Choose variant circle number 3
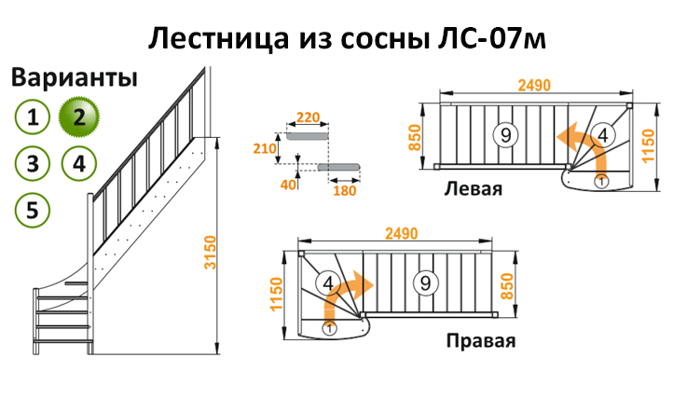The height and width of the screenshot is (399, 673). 33,163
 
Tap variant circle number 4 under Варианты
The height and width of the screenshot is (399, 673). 79,163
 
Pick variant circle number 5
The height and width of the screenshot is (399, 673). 33,210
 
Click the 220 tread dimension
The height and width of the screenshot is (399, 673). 308,117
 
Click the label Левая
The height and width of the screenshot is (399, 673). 473,189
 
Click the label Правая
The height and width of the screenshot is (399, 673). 480,339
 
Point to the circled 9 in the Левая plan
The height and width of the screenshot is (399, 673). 505,135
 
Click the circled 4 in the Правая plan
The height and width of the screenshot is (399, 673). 327,282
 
